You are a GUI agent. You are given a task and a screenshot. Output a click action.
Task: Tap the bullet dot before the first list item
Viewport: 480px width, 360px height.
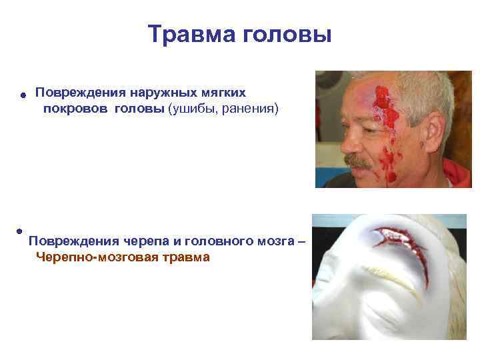click(22, 95)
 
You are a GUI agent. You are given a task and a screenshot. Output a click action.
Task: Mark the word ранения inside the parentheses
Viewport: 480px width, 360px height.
click(250, 108)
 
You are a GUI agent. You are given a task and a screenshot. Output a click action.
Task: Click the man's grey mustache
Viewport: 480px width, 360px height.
click(360, 161)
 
